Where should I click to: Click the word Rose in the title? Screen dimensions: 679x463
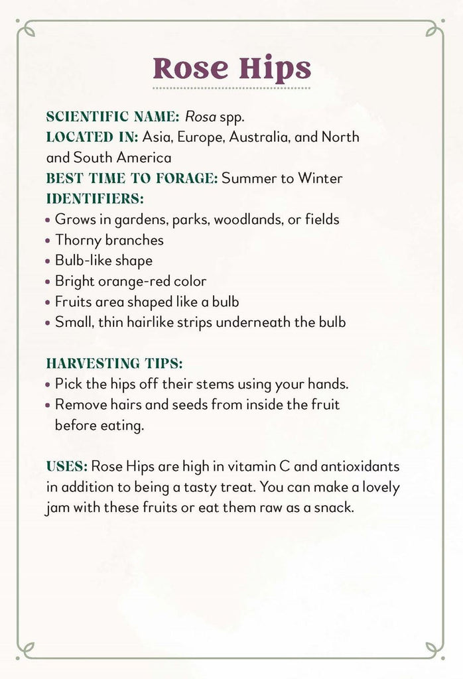pyautogui.click(x=193, y=68)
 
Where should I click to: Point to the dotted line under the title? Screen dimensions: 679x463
pyautogui.click(x=231, y=88)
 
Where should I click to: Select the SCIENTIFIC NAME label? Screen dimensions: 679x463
pyautogui.click(x=112, y=117)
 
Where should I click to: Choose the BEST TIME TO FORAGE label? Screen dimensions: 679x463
pyautogui.click(x=131, y=178)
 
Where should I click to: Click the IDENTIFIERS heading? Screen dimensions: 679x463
pyautogui.click(x=95, y=198)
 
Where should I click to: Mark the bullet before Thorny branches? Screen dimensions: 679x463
pyautogui.click(x=48, y=241)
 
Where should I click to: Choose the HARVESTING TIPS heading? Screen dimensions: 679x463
pyautogui.click(x=114, y=363)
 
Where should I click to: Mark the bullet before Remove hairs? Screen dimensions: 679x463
pyautogui.click(x=48, y=405)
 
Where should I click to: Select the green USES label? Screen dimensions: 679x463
pyautogui.click(x=66, y=465)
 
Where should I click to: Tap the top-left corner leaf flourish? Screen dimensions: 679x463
pyautogui.click(x=26, y=29)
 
